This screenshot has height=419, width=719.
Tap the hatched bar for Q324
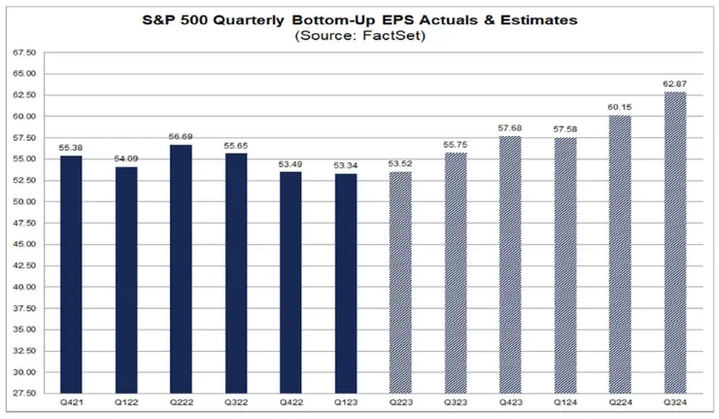674,243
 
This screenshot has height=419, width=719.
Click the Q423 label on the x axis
510,402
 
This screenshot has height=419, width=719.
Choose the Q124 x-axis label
565,402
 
